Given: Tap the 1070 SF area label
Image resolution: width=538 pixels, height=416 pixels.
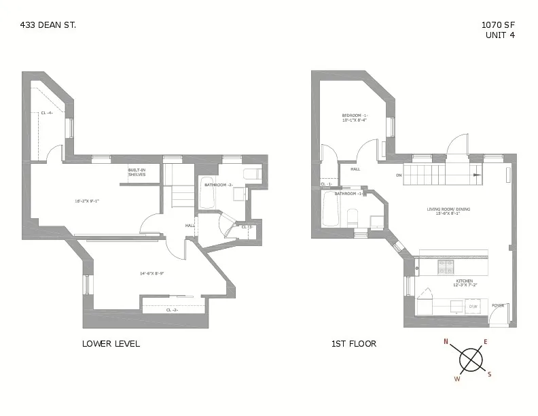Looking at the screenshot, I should coord(497,24).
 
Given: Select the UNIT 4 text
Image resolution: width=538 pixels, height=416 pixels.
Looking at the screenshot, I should coord(500,35).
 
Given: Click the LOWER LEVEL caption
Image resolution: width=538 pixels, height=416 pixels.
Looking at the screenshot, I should coord(111,344).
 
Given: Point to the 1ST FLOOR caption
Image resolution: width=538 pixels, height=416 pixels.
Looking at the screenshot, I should coord(353,344).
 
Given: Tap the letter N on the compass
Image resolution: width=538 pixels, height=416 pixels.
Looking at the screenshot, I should coord(446,342).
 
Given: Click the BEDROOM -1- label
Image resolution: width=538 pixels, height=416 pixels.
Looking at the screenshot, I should coord(355,115).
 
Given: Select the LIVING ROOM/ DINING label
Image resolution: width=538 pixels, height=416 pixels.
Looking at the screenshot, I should coord(444,209).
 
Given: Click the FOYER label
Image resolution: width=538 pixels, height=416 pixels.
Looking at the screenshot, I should coord(498,306).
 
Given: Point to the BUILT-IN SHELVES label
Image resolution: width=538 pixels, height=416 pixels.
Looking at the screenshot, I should coord(137,173).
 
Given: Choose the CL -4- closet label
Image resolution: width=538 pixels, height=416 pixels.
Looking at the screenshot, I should coord(47,112).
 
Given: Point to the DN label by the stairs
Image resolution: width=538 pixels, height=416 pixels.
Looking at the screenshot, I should coord(399,175).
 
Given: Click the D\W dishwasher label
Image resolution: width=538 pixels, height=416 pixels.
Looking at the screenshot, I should coord(473,307).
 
